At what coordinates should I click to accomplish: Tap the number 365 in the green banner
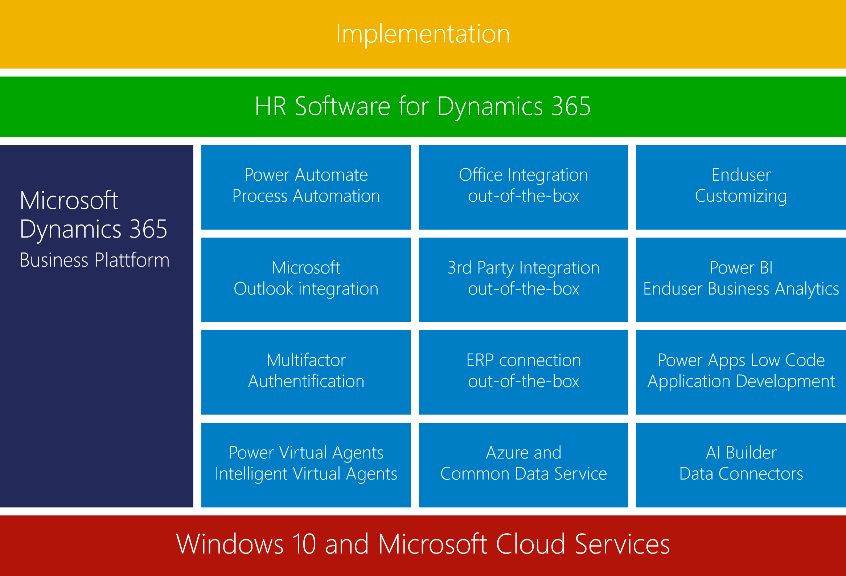coord(571,106)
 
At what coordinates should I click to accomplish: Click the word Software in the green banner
coord(342,106)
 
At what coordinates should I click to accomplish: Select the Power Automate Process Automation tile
coord(306,188)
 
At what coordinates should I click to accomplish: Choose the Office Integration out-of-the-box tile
coord(523,188)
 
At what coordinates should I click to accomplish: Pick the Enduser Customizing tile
coord(741,188)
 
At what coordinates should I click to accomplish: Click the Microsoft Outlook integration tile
coord(306,280)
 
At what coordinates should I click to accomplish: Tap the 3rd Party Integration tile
coord(523,280)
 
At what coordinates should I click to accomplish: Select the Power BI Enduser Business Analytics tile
coord(741,280)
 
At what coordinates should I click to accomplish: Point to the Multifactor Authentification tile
coord(306,372)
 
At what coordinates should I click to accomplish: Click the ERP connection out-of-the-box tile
coord(523,372)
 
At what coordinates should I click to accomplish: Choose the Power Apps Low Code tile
coord(741,372)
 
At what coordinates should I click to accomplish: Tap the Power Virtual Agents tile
coord(306,465)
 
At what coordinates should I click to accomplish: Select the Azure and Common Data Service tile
coord(523,465)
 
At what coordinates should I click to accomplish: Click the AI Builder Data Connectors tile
coord(741,465)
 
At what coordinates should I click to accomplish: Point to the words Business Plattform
coord(95,260)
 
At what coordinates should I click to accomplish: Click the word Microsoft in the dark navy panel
coord(69,200)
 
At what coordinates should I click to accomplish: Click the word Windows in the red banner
coord(230,544)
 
